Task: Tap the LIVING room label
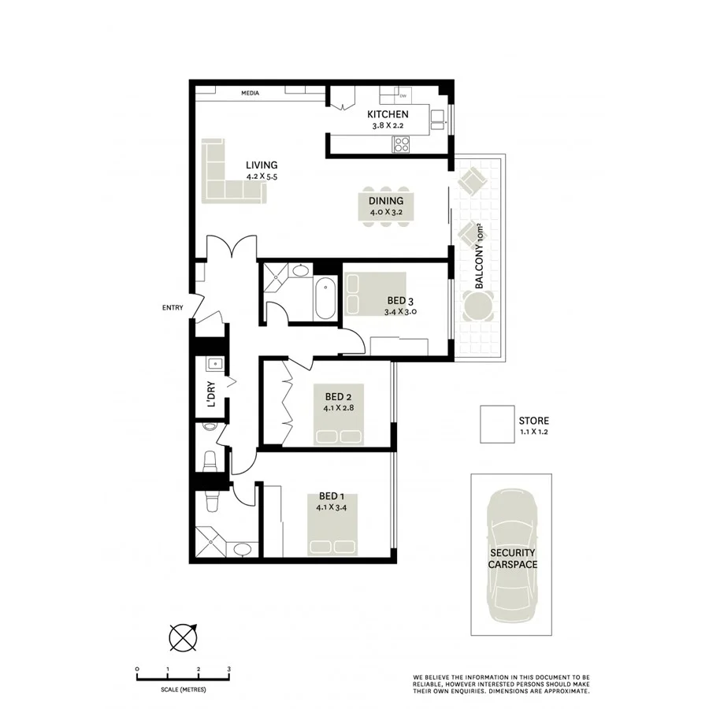[262, 165]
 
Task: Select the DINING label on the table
[386, 201]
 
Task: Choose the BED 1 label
[332, 496]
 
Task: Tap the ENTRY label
[172, 307]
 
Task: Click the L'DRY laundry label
[210, 393]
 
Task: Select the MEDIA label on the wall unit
[251, 94]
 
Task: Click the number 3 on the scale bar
[228, 669]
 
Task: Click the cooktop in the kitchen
[401, 144]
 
